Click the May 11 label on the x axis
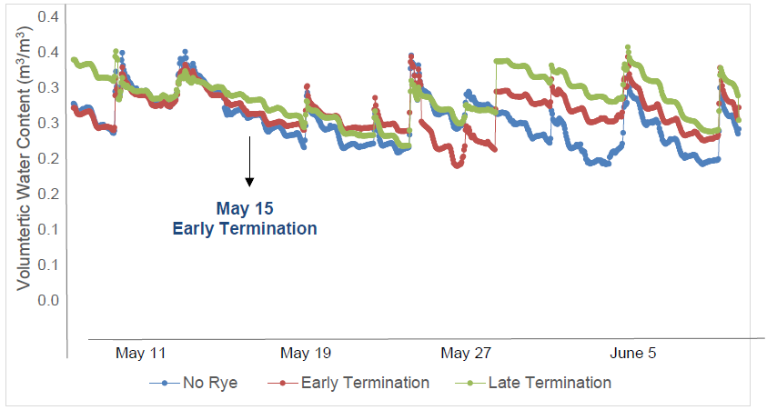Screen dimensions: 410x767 (x=141, y=353)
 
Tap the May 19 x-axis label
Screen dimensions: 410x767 (x=307, y=353)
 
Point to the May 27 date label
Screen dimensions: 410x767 (x=466, y=353)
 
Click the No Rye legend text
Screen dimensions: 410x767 (x=210, y=383)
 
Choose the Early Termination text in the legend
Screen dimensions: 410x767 (x=365, y=383)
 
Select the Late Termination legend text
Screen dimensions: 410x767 (x=550, y=383)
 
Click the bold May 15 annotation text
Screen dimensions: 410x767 (x=246, y=209)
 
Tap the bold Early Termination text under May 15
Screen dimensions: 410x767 (x=246, y=229)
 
